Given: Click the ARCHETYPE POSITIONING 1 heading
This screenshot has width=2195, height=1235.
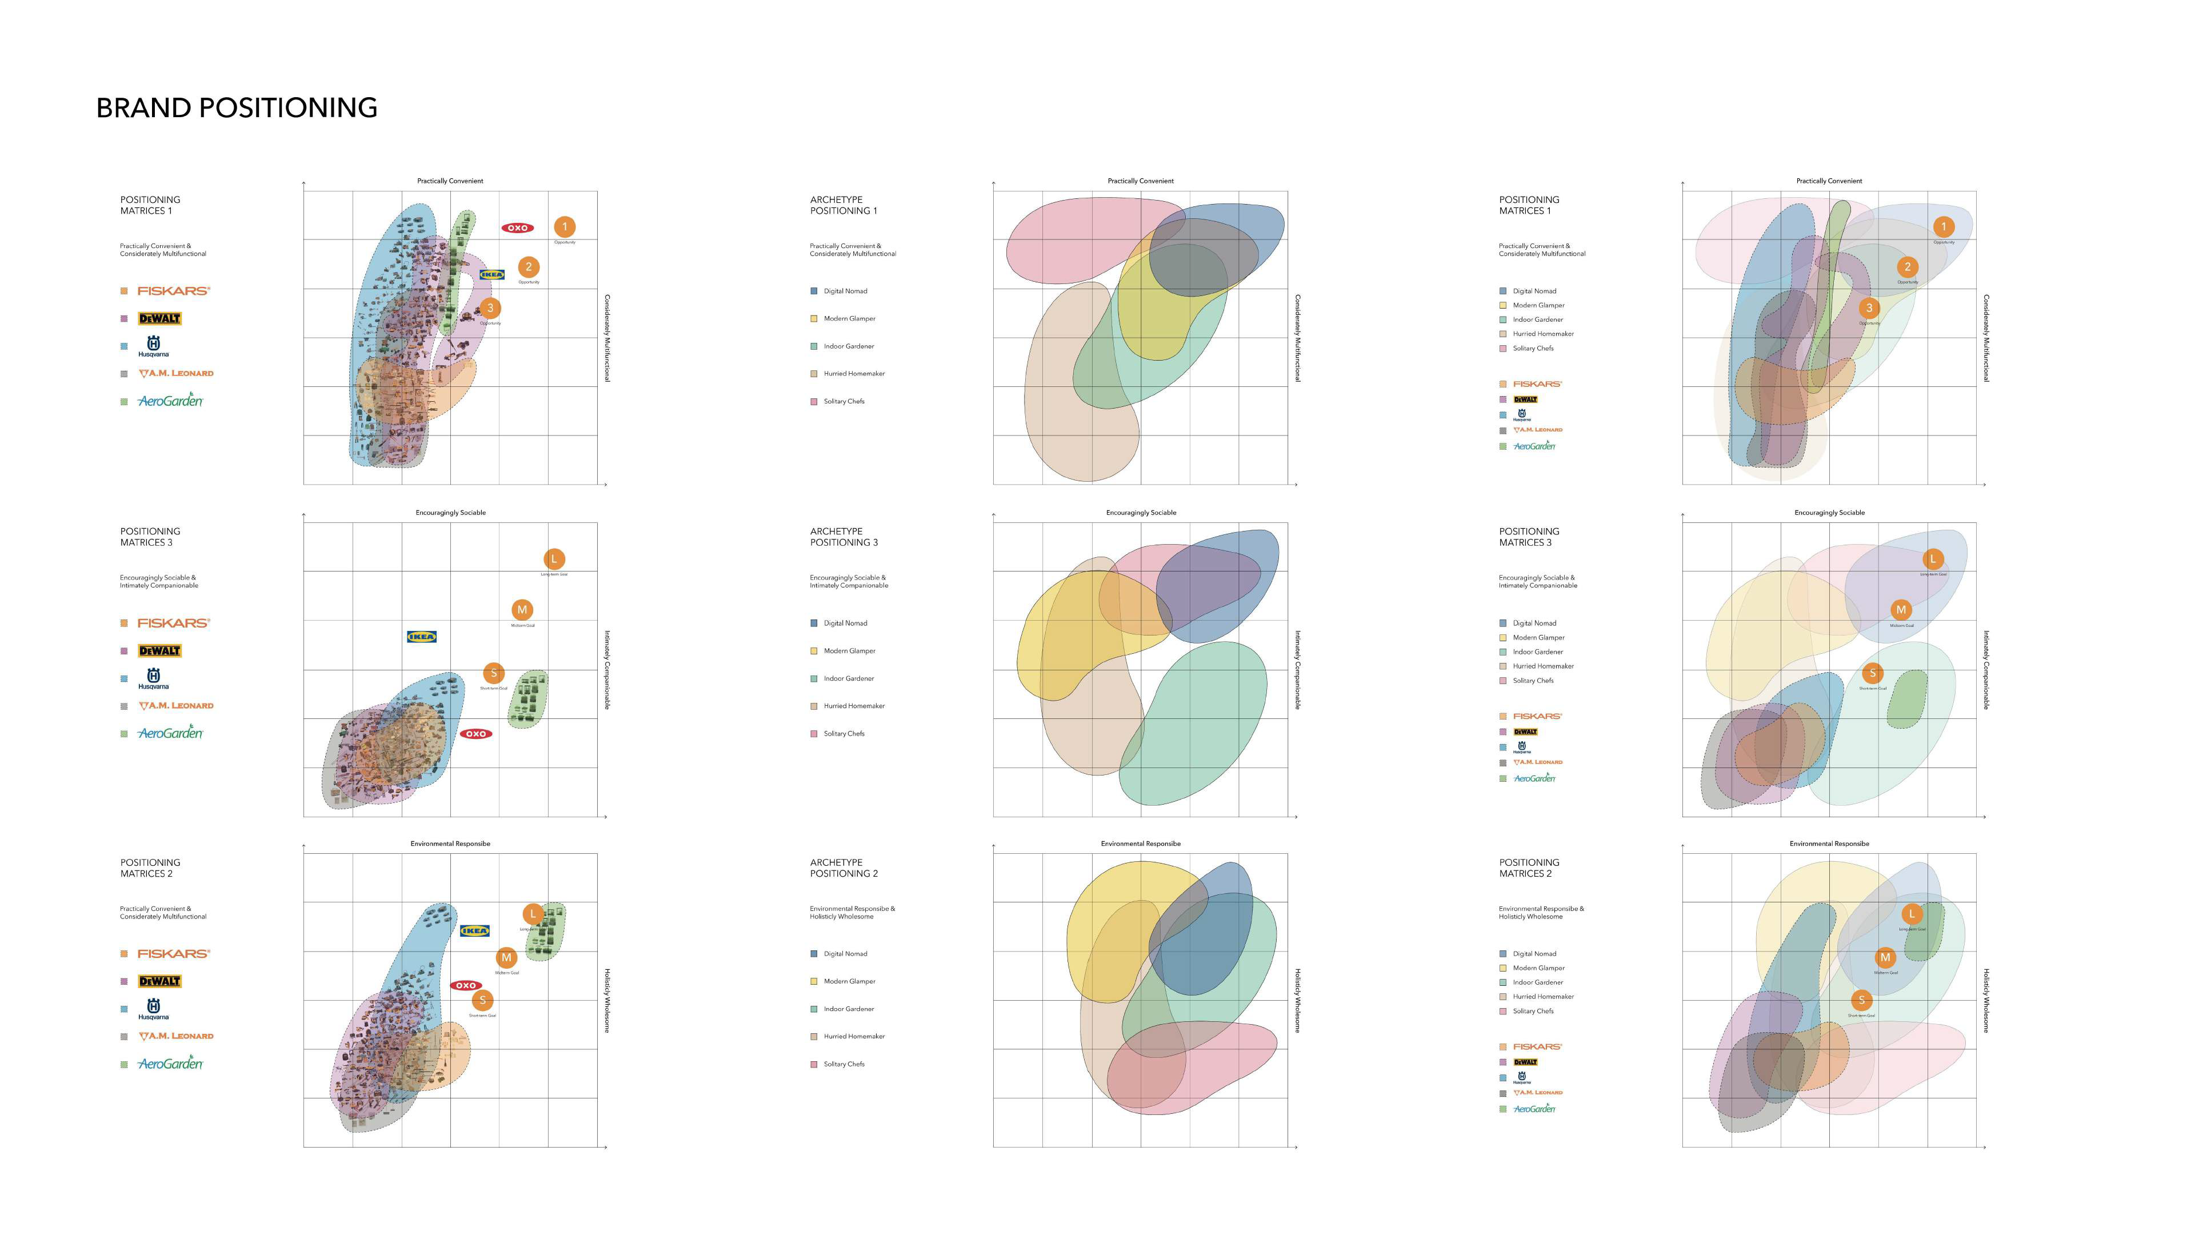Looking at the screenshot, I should coord(843,205).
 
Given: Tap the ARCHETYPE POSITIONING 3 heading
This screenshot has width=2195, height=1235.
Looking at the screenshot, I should coord(843,537).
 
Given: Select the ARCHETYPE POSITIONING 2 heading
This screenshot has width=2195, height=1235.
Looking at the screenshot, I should coord(843,868).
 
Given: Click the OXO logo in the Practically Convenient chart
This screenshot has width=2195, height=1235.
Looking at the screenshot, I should coord(517,227).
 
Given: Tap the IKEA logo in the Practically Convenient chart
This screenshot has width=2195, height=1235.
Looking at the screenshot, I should coord(491,274).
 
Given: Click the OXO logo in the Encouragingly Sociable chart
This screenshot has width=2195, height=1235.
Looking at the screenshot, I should coord(475,734).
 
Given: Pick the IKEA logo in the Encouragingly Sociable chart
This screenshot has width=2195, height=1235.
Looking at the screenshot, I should coord(422,637).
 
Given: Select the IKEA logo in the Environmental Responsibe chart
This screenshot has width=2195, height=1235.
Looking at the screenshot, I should coord(475,931).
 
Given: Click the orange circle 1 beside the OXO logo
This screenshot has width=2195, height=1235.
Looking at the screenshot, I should coord(564,227).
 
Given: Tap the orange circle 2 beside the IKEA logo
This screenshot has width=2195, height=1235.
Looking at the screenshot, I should coord(528,267).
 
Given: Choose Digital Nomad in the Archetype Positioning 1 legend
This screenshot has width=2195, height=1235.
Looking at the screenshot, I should coord(845,291).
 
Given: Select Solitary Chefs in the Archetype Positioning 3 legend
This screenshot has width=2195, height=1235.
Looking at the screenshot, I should coord(843,734).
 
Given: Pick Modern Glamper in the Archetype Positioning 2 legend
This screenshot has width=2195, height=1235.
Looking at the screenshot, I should coord(849,982).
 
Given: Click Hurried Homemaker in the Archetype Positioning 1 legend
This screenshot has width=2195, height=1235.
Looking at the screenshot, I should coord(854,374).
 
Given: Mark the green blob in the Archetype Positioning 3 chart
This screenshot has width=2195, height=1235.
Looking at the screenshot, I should coord(1201,725).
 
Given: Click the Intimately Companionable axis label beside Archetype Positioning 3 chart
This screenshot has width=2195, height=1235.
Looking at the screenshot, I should coord(1298,670).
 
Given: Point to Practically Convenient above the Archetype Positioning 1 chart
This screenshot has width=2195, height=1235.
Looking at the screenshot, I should coord(1140,181).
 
